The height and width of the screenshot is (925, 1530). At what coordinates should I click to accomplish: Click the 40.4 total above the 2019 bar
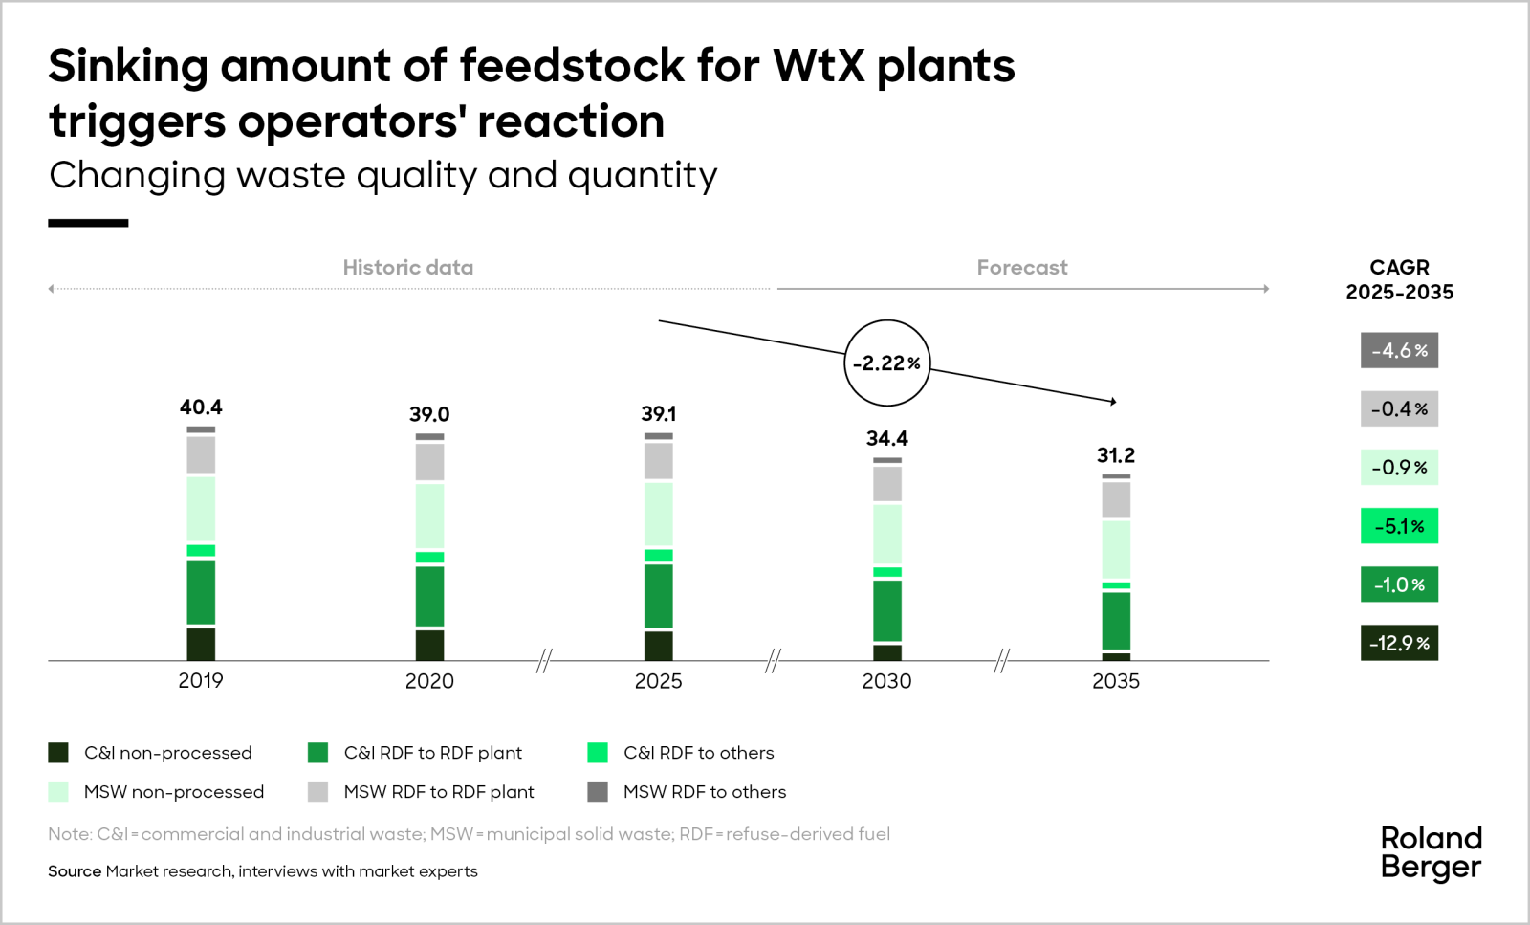(x=201, y=407)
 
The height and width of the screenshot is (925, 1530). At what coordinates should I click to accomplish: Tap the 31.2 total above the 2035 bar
(x=1116, y=455)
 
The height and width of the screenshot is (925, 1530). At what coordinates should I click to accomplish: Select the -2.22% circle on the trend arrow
(x=887, y=363)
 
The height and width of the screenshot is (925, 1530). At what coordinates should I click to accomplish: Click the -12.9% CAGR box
(x=1399, y=643)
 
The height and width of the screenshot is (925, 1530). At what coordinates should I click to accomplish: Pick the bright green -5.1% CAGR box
(x=1399, y=526)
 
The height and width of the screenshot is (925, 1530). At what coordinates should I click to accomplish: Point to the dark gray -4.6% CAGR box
(x=1399, y=350)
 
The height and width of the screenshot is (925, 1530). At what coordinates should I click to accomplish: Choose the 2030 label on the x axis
(x=886, y=681)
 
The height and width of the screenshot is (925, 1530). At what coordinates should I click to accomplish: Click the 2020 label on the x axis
(x=429, y=681)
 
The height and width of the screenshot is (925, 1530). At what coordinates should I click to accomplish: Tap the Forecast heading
(x=1021, y=268)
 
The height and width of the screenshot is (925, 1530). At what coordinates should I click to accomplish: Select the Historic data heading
(x=407, y=268)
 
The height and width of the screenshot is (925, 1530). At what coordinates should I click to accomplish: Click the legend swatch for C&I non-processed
(x=58, y=753)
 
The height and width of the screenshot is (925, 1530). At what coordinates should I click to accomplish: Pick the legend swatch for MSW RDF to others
(x=598, y=792)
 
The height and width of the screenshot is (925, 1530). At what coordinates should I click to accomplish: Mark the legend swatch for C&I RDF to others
(x=598, y=753)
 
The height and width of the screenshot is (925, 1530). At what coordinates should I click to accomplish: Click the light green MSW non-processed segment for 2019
(x=201, y=509)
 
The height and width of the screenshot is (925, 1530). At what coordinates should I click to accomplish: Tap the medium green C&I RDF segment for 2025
(x=658, y=596)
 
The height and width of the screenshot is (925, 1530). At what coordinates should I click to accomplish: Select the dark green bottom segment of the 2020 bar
(x=429, y=646)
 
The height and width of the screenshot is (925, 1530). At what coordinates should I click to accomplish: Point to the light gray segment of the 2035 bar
(x=1116, y=499)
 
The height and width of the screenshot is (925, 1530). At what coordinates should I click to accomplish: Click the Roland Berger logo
(x=1431, y=852)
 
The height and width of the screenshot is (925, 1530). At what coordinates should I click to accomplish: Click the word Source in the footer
(x=75, y=871)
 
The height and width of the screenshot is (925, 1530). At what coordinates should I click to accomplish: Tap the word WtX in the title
(x=819, y=66)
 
